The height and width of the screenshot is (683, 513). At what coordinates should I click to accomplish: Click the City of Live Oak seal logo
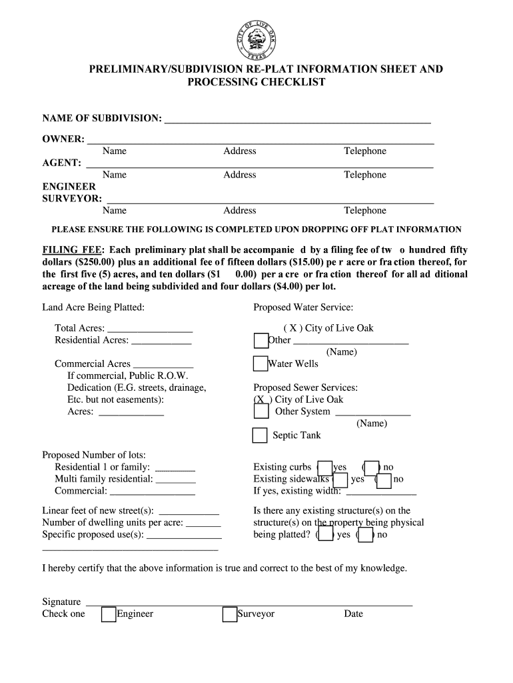click(x=256, y=39)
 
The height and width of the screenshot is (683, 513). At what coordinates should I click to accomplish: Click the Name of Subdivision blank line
click(x=297, y=120)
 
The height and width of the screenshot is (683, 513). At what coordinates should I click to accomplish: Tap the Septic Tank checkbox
click(x=260, y=436)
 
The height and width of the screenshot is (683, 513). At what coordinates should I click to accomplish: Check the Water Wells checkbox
click(x=260, y=364)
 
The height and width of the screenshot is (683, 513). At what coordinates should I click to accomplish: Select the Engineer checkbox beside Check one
click(x=109, y=614)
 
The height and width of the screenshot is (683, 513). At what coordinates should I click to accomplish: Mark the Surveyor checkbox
click(x=230, y=614)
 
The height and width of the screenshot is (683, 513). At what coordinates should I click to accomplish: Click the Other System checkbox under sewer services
click(x=260, y=412)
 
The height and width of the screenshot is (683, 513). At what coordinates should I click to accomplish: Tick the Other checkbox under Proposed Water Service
click(x=260, y=340)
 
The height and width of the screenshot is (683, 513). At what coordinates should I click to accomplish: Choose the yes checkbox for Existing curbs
click(x=324, y=468)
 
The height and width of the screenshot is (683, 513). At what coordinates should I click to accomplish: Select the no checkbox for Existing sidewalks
click(x=384, y=480)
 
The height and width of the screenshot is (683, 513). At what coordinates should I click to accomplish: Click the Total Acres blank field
click(x=149, y=329)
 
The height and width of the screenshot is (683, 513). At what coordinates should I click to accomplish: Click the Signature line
click(x=249, y=602)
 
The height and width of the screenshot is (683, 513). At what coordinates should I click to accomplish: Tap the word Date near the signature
click(x=353, y=614)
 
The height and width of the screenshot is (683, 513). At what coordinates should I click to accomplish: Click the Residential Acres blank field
click(x=161, y=341)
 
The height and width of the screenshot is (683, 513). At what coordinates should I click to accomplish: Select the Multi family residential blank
click(x=175, y=480)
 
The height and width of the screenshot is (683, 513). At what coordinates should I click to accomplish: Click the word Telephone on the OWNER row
click(x=364, y=151)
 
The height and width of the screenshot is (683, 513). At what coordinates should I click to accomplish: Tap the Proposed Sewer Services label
click(x=305, y=388)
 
